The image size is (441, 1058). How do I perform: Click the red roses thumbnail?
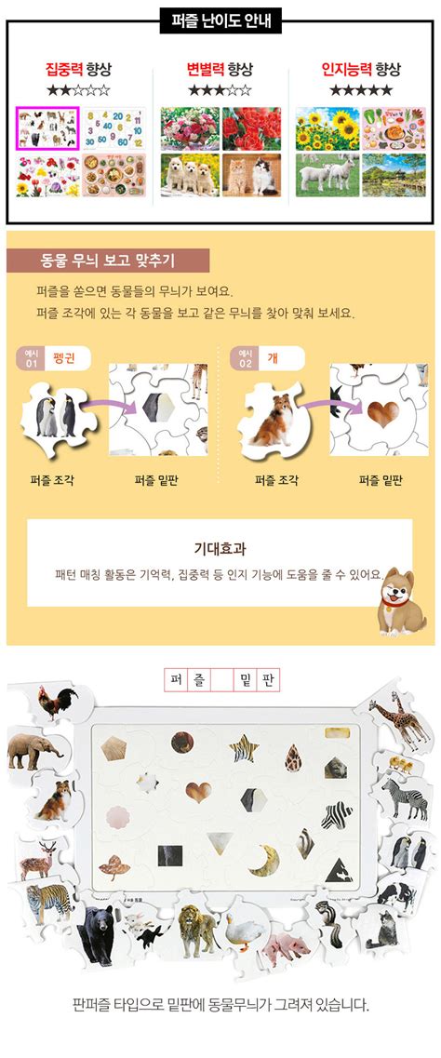coord(249,127)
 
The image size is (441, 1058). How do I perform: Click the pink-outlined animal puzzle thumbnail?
coord(47,127)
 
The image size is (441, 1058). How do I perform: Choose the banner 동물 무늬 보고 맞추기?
coord(108,261)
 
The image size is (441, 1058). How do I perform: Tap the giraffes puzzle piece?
coord(401,721)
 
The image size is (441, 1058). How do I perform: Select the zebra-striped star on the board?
coord(245,746)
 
